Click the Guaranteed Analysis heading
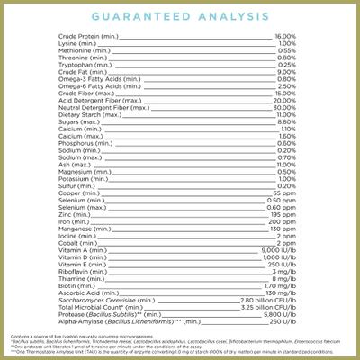pos(180,17)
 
